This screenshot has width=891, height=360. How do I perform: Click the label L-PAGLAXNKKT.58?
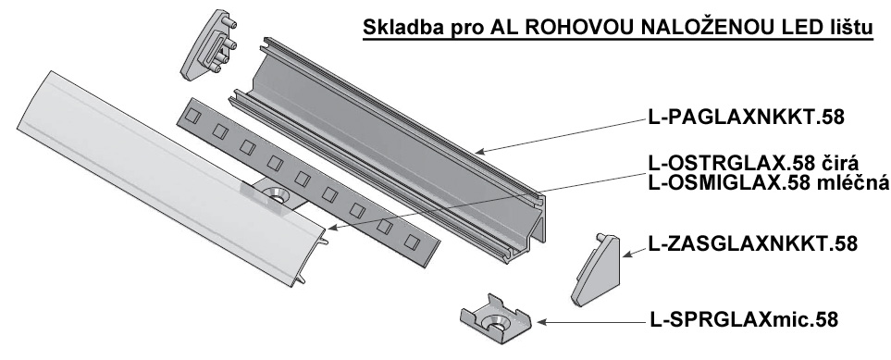click(746, 118)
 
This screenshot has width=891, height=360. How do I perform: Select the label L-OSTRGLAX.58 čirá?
click(753, 163)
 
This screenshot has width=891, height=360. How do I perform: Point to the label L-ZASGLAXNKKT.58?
click(752, 243)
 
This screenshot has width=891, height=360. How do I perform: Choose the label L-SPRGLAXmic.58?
click(744, 319)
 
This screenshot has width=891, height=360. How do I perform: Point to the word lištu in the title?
click(848, 28)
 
